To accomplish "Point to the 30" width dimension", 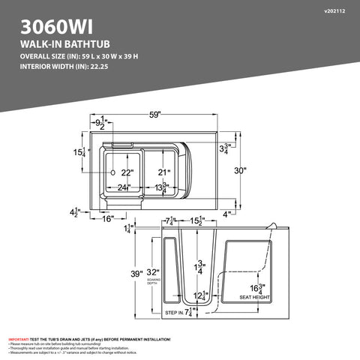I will pyautogui.click(x=239, y=170).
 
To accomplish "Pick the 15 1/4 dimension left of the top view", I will pyautogui.click(x=79, y=153).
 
